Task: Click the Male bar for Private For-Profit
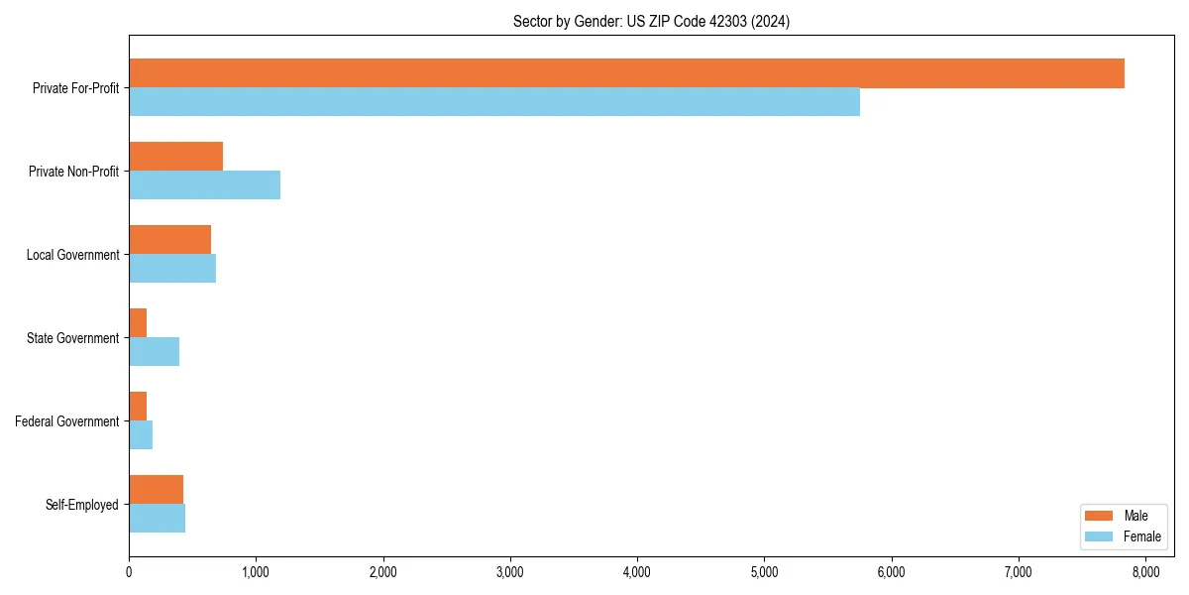pos(626,73)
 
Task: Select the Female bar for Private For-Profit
pos(494,102)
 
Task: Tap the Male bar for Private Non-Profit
pos(175,157)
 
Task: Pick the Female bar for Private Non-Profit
pos(204,185)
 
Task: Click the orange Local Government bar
pos(169,240)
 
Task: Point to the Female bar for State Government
pos(154,352)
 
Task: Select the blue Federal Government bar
pos(141,435)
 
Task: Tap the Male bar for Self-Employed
pos(156,490)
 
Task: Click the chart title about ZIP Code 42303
pos(651,21)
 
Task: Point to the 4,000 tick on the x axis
pos(637,572)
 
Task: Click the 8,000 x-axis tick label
pos(1145,572)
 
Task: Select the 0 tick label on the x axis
pos(129,572)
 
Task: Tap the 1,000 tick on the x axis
pos(256,572)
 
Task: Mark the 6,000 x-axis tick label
pos(892,572)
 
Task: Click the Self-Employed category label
pos(82,505)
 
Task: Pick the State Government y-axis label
pos(72,338)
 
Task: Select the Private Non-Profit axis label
pos(73,172)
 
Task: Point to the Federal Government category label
pos(67,421)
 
